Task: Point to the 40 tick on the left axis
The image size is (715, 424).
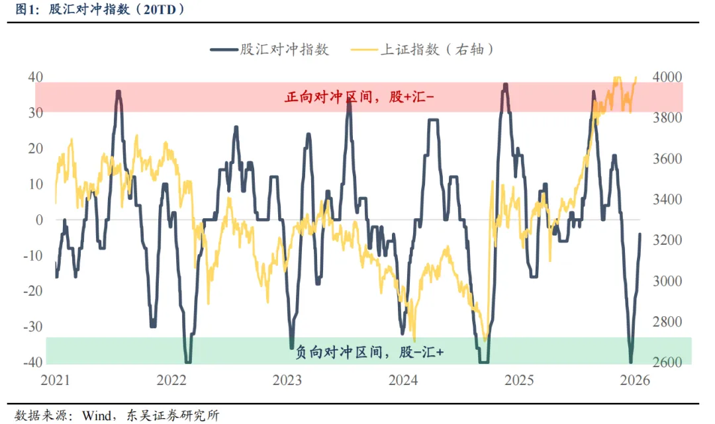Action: coord(35,77)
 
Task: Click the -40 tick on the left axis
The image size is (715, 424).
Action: coord(32,362)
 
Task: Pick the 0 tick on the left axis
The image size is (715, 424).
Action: coord(39,220)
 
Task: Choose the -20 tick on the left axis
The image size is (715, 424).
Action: coord(32,291)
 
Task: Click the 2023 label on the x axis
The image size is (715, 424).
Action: coord(287,380)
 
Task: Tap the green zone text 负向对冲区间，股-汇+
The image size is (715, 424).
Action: coord(369,353)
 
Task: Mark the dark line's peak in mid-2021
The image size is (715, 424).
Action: coord(119,92)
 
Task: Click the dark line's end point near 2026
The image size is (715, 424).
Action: coord(640,233)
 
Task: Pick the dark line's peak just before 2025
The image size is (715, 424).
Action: coord(505,85)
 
